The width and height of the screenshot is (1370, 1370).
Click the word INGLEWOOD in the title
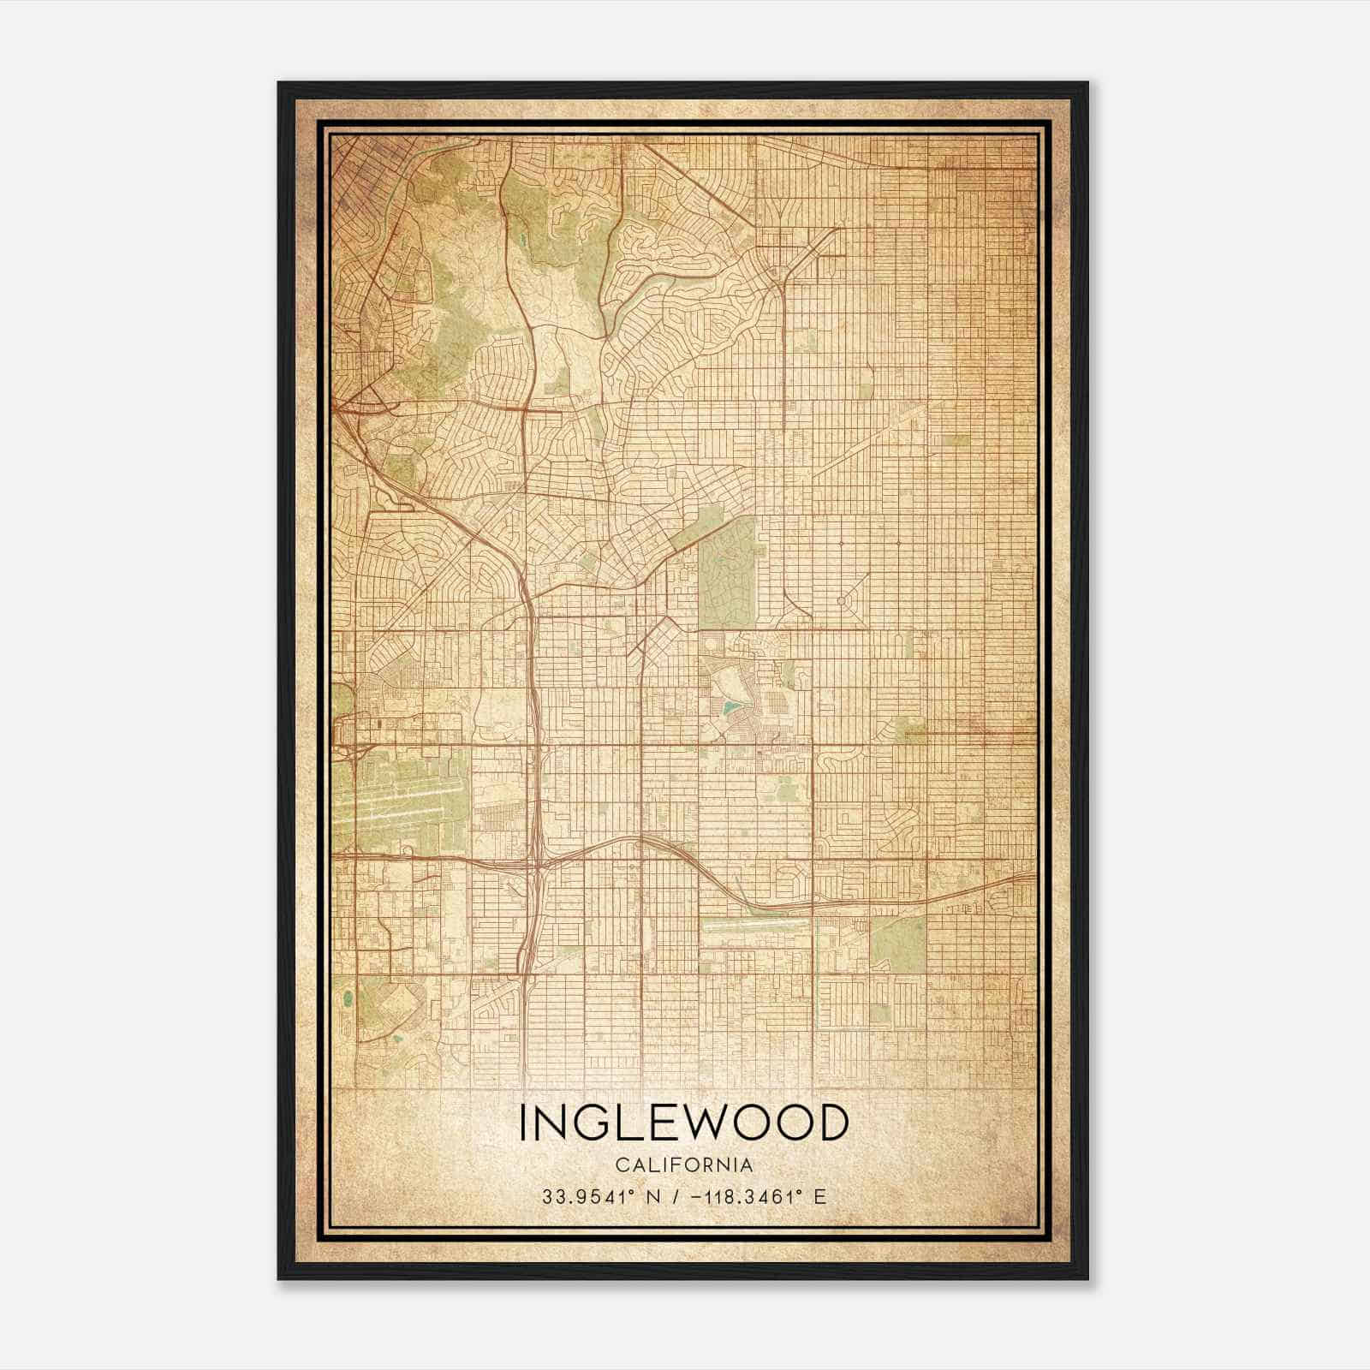(x=684, y=1123)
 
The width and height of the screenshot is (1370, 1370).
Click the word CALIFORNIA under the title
(x=684, y=1165)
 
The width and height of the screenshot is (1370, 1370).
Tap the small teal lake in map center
(x=729, y=708)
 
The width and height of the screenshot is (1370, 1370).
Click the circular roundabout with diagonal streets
(x=840, y=601)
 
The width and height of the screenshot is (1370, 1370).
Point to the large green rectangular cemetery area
(x=727, y=569)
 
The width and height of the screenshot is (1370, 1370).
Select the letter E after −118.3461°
(x=820, y=1196)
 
